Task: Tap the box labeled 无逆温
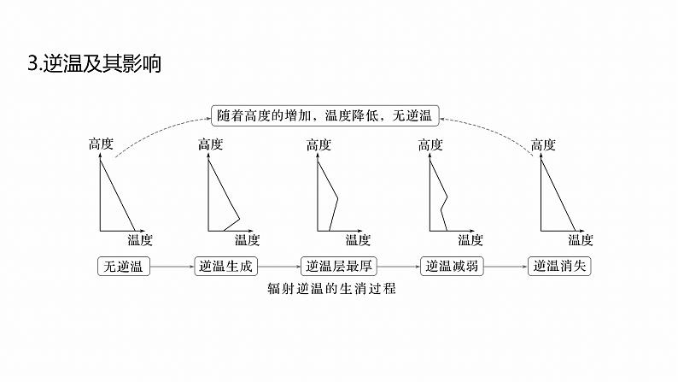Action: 124,266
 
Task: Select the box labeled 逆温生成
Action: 225,266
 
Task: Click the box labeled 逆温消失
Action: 559,266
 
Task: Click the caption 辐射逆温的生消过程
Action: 332,289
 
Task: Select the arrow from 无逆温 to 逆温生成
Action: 172,267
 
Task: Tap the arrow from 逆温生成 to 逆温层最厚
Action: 278,267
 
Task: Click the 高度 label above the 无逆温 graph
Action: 101,144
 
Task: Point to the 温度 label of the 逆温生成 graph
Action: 247,240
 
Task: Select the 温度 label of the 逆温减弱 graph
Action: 470,240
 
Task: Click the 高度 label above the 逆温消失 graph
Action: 543,144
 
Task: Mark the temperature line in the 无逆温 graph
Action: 119,196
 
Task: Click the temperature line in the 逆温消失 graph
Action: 559,196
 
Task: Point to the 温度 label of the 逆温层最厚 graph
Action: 358,240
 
